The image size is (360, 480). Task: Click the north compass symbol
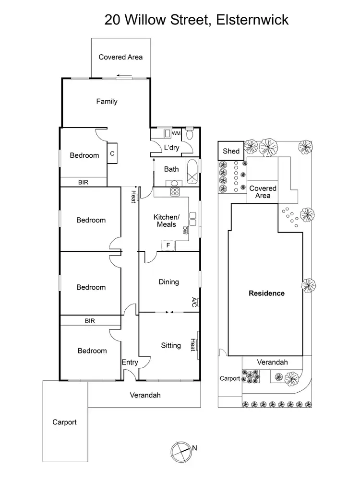tap(180, 450)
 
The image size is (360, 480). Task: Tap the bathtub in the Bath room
tap(192, 171)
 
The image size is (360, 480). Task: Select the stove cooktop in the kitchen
tap(175, 192)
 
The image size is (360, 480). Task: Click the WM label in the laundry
tap(176, 133)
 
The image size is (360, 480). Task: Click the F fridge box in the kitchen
tap(168, 246)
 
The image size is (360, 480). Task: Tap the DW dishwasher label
tap(184, 230)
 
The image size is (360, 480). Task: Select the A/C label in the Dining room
tap(194, 302)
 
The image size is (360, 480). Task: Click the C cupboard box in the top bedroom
tap(112, 153)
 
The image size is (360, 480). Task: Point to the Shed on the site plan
tap(231, 151)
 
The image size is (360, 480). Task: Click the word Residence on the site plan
tap(266, 293)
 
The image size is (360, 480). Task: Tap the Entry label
tap(130, 362)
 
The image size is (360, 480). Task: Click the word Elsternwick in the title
tap(252, 20)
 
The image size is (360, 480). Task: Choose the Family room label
tap(107, 101)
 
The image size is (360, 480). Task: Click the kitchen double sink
tap(192, 219)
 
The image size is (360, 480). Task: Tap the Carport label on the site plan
tap(230, 378)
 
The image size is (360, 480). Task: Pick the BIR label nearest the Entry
tap(89, 320)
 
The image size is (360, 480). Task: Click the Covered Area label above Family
tap(120, 57)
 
